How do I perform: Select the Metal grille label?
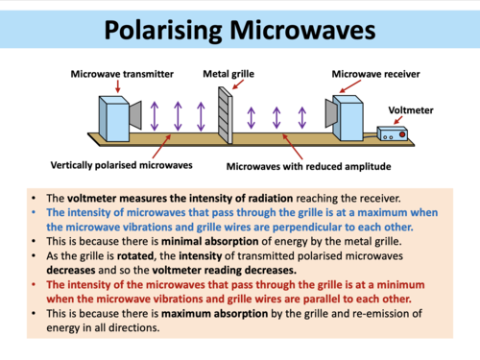click(x=227, y=73)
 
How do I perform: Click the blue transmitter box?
click(x=116, y=119)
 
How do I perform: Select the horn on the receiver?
click(x=329, y=116)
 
